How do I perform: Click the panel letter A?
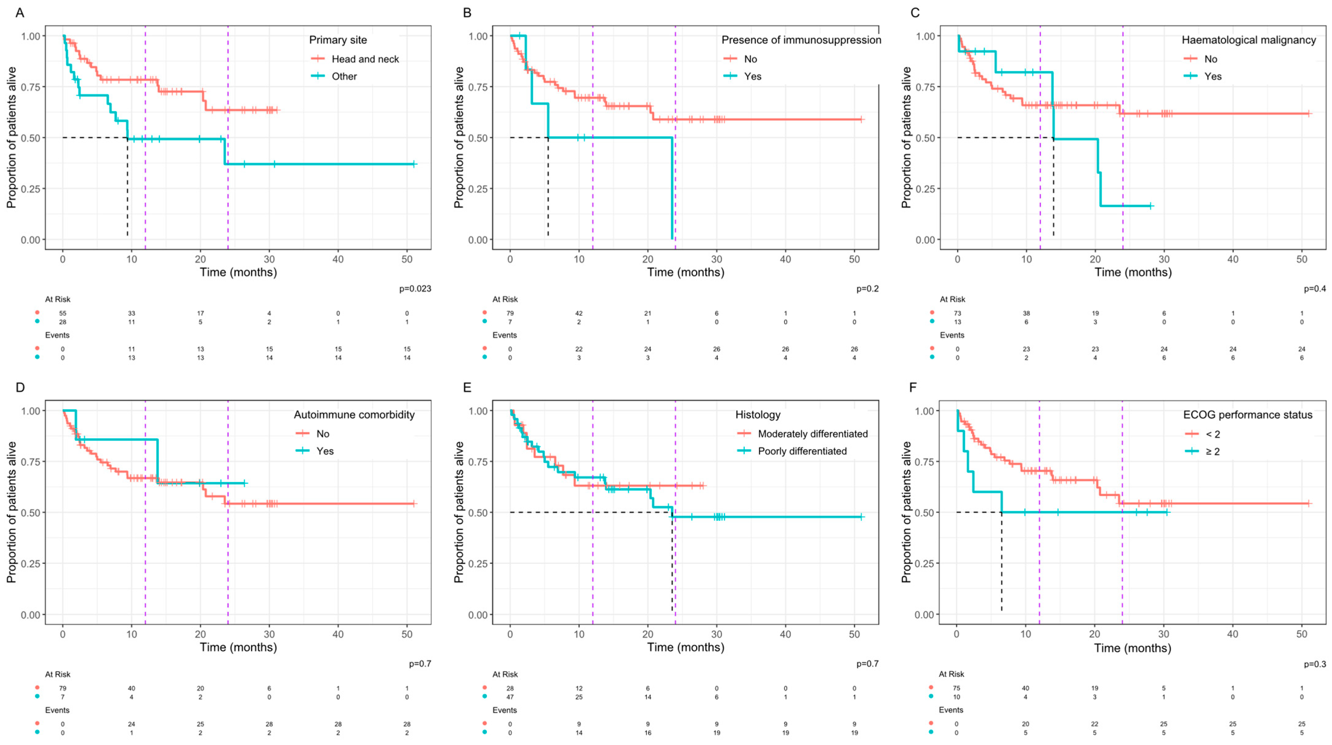coord(20,12)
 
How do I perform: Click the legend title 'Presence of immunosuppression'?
coord(801,40)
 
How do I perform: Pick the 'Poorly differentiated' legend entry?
coord(802,451)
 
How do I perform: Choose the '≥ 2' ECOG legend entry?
coord(1213,452)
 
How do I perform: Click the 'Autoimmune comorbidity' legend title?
coord(354,415)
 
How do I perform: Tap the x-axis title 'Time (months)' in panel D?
coord(239,647)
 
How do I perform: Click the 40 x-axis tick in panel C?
coord(1233,259)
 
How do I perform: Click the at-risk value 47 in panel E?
coord(510,697)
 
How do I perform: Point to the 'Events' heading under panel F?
coord(951,710)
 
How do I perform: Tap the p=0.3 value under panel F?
coord(1315,664)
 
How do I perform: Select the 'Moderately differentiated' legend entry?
coord(812,434)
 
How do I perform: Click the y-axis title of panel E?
coord(459,512)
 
